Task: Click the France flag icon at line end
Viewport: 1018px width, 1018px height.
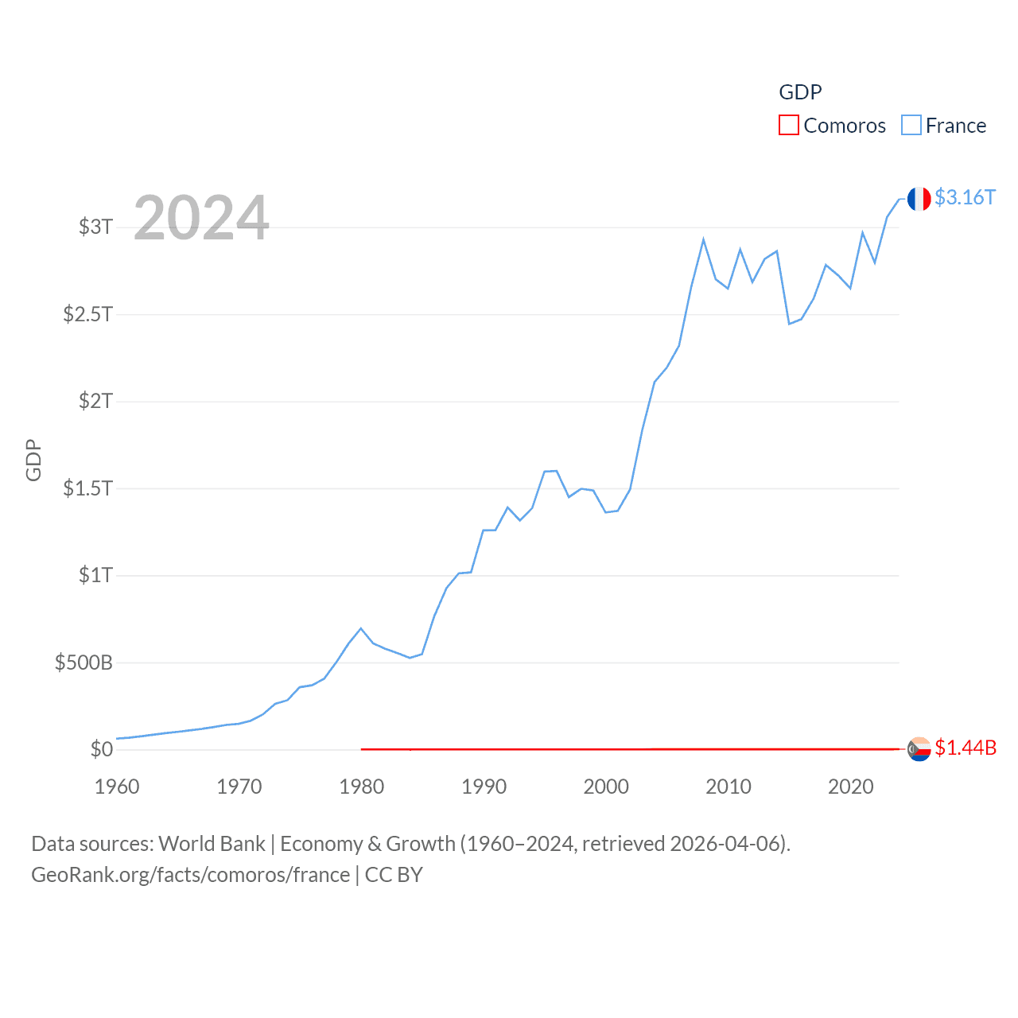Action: (919, 199)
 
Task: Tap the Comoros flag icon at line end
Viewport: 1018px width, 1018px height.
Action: (919, 749)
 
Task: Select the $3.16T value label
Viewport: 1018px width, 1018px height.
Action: (965, 197)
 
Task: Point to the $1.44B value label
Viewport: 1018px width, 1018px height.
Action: (966, 748)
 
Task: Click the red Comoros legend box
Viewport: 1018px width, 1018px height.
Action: (788, 126)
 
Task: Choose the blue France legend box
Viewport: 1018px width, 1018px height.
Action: (911, 126)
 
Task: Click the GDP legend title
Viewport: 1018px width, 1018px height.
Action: (800, 92)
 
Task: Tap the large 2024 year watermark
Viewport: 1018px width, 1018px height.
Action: (201, 217)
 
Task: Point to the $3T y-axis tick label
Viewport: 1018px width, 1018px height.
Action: (95, 227)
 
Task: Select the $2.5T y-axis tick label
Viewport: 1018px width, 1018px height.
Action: (87, 314)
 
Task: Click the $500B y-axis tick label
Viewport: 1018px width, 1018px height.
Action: (84, 662)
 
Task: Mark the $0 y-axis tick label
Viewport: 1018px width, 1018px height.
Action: (101, 749)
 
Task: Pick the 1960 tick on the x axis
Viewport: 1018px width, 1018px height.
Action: (117, 787)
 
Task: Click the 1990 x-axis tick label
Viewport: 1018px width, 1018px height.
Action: (484, 787)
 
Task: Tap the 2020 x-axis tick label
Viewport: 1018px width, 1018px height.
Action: (850, 787)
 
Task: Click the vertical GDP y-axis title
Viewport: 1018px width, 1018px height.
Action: (33, 460)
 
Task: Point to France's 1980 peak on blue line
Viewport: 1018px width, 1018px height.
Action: (361, 628)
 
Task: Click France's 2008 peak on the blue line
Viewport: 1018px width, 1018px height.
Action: (703, 239)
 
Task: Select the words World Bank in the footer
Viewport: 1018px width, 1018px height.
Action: (212, 843)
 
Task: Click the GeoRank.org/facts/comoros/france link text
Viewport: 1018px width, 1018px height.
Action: (190, 875)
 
